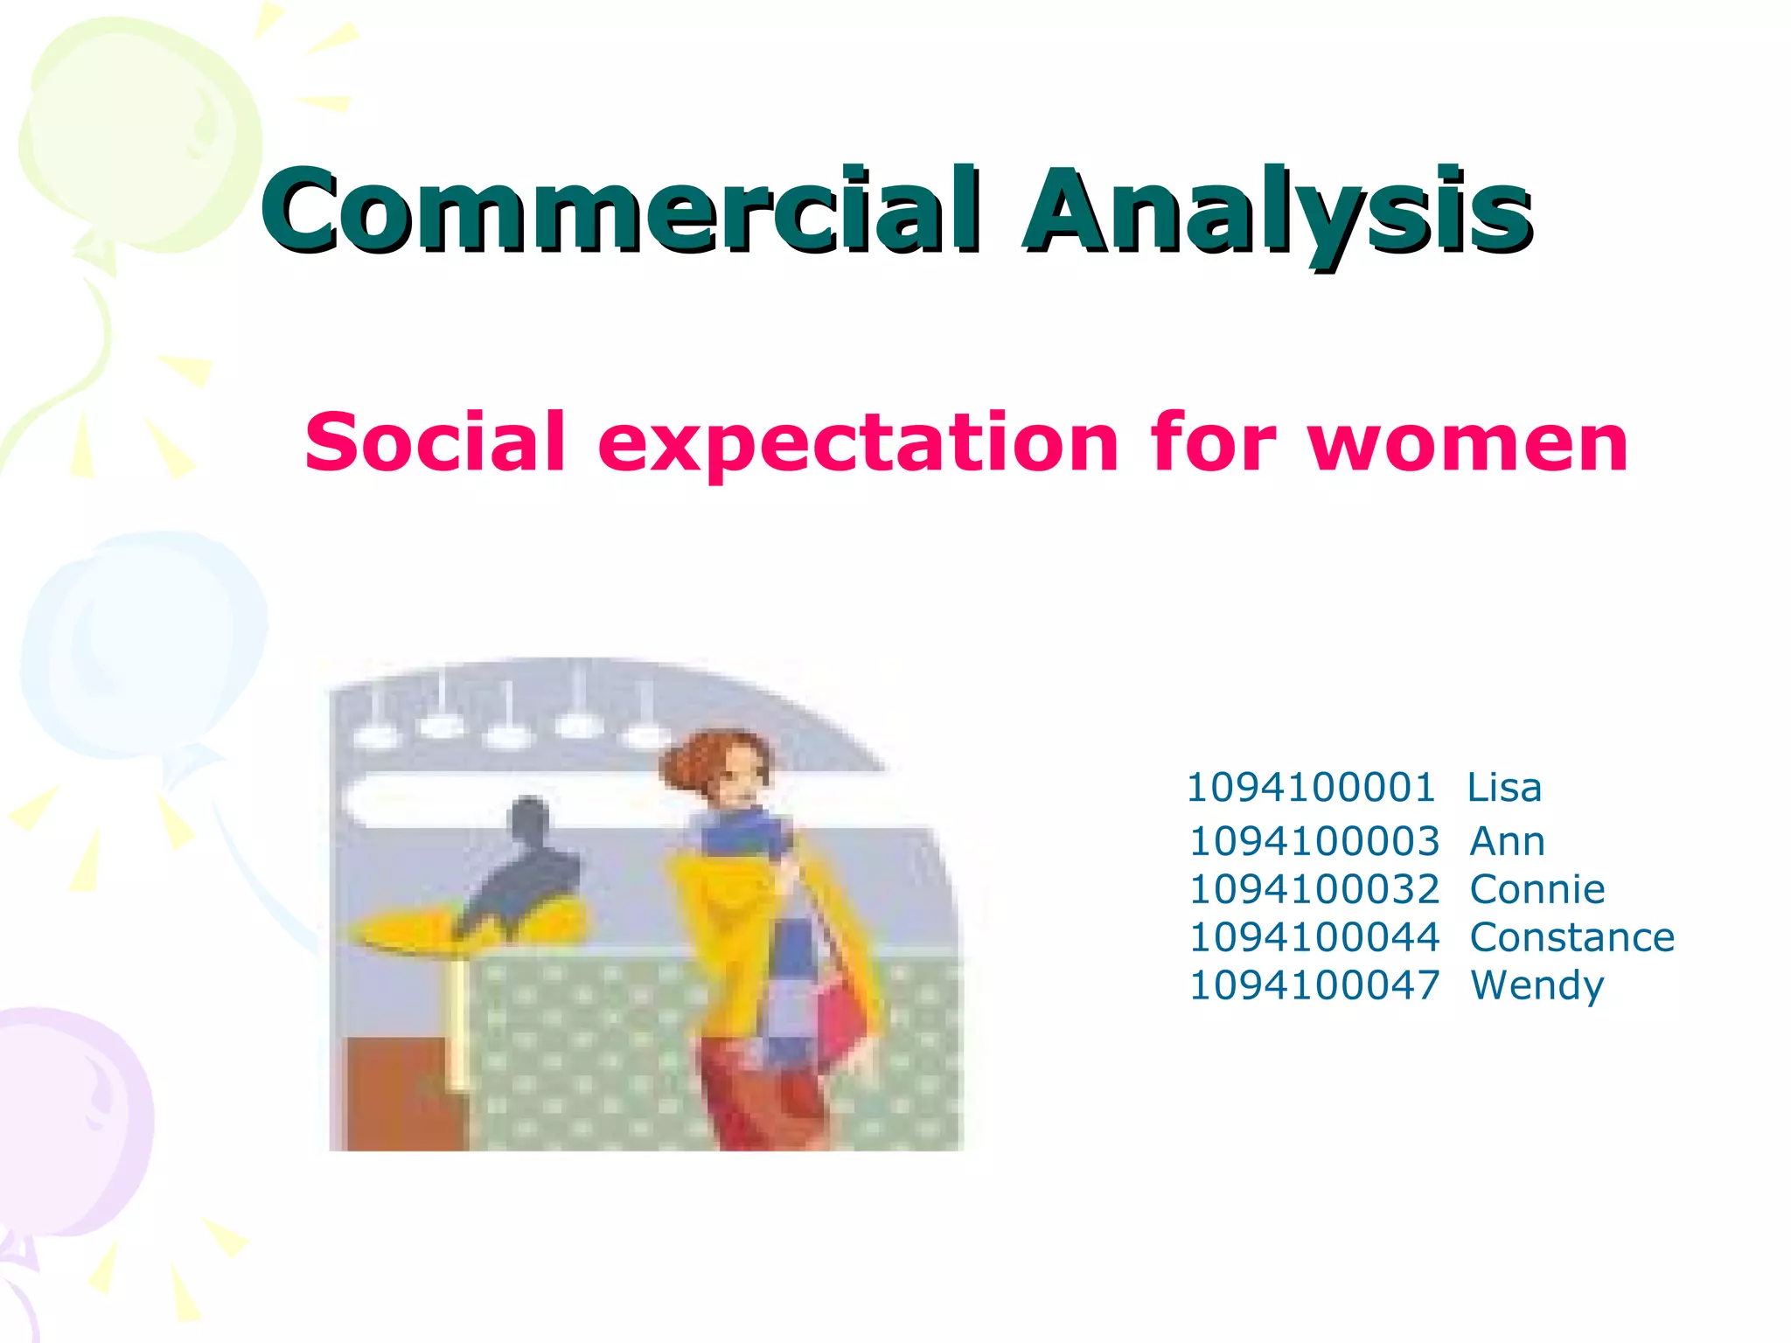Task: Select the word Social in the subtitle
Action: pyautogui.click(x=435, y=442)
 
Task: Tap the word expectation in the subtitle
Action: pyautogui.click(x=857, y=442)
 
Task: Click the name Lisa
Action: pyautogui.click(x=1503, y=787)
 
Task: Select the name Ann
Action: pyautogui.click(x=1507, y=841)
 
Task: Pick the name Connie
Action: pyautogui.click(x=1537, y=889)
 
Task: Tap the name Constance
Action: pyautogui.click(x=1571, y=937)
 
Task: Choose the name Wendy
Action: pyautogui.click(x=1537, y=985)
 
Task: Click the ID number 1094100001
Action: pyautogui.click(x=1310, y=787)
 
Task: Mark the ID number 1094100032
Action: pyautogui.click(x=1314, y=889)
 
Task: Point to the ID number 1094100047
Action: pyautogui.click(x=1314, y=985)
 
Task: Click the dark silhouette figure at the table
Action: pyautogui.click(x=525, y=866)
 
